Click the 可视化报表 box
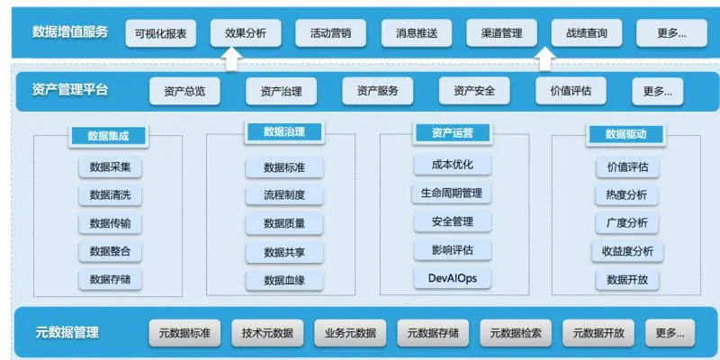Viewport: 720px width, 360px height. click(161, 33)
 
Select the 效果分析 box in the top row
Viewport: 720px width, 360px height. click(247, 33)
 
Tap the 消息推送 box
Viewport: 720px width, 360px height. click(417, 33)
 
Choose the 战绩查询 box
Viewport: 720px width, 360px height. click(586, 33)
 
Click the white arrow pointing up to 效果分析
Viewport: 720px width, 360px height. click(232, 59)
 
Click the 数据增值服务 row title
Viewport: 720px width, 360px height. click(70, 32)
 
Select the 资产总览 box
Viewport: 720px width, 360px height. click(184, 91)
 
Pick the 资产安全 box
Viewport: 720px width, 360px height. click(474, 91)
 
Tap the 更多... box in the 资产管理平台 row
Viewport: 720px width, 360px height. click(657, 91)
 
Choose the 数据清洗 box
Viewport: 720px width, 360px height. click(110, 195)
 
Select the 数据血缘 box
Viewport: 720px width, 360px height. click(284, 280)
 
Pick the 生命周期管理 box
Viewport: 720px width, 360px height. click(452, 193)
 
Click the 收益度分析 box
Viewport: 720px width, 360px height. click(628, 251)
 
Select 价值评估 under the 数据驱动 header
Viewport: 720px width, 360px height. click(628, 166)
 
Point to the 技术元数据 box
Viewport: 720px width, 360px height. click(267, 333)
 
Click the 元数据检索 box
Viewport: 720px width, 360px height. click(516, 333)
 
